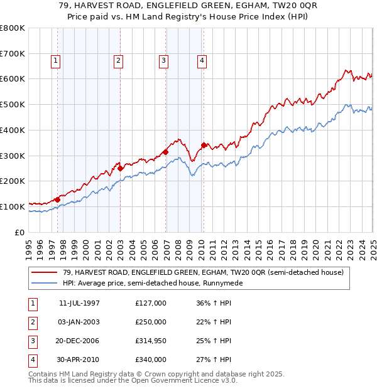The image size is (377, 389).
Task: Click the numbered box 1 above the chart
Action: (x=56, y=61)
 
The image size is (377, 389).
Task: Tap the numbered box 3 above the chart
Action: (x=163, y=61)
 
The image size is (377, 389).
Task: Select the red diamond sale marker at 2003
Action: (x=120, y=168)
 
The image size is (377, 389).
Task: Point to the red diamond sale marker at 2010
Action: (x=204, y=146)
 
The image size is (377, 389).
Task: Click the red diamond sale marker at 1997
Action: (x=57, y=200)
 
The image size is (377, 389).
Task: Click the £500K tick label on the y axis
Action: (x=12, y=104)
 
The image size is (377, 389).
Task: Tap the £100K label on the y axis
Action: (x=12, y=206)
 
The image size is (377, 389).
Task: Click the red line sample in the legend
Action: (x=45, y=273)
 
